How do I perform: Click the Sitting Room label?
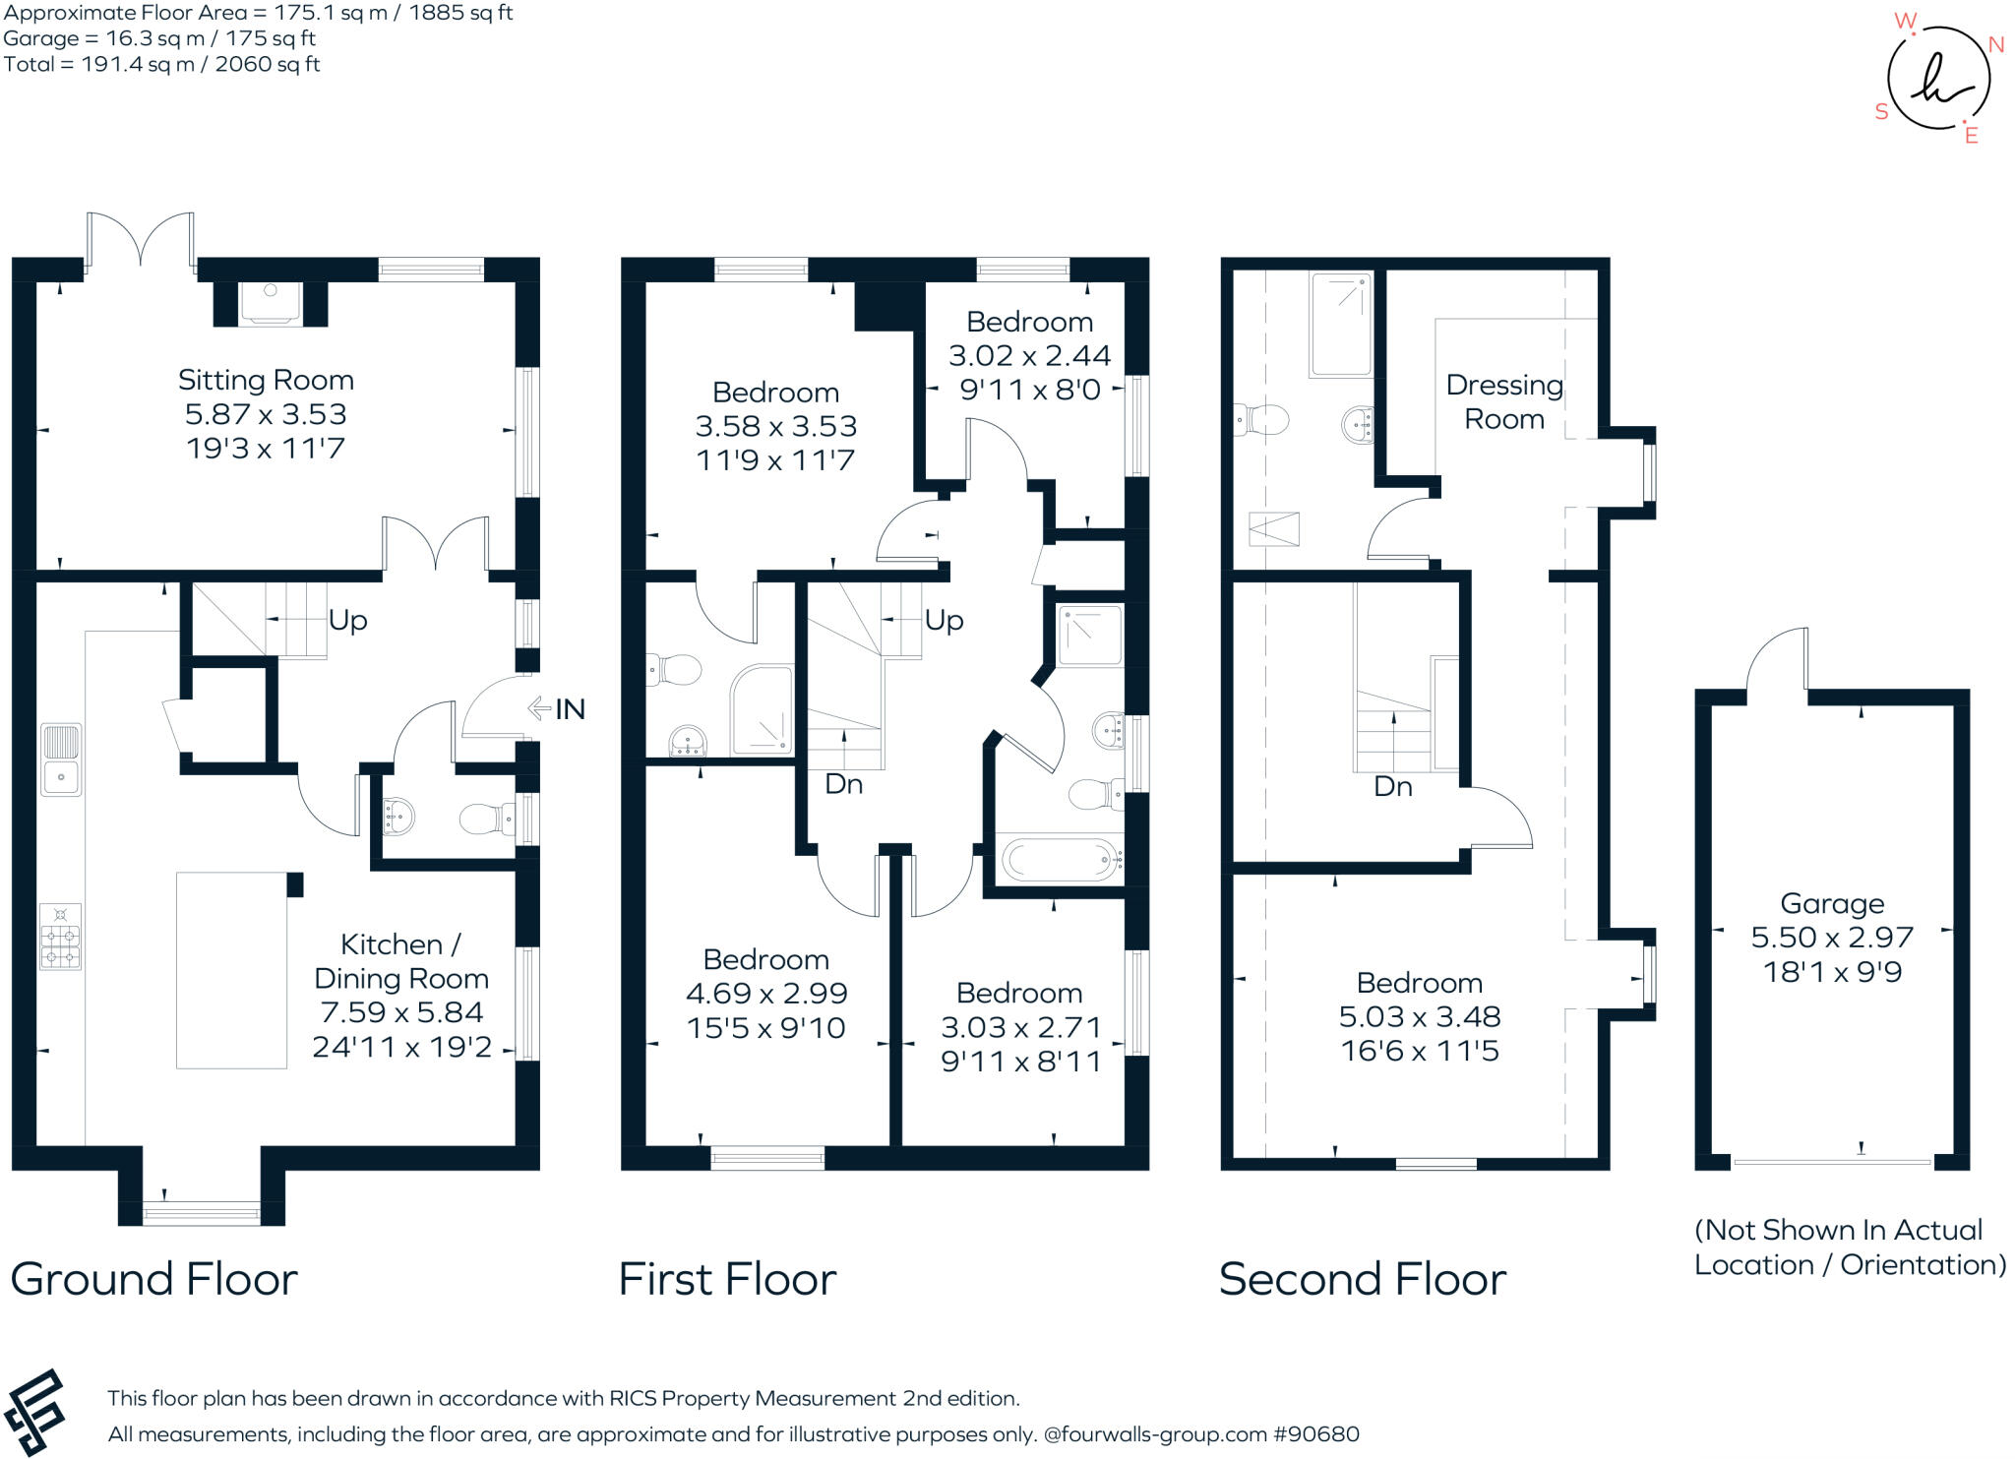point(266,380)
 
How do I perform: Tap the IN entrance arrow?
point(539,708)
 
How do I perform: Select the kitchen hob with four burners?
point(60,937)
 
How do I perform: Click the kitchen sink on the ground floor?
point(61,760)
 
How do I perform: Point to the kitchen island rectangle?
point(231,969)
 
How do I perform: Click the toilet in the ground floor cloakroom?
point(484,818)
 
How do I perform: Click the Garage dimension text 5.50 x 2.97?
point(1831,937)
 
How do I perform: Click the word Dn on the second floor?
point(1392,786)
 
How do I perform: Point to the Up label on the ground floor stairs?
point(347,620)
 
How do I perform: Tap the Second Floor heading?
point(1362,1279)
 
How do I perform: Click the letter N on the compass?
point(1996,44)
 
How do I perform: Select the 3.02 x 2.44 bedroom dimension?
point(1029,355)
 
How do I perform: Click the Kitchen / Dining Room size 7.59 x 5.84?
point(401,1012)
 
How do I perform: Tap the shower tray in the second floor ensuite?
point(1340,325)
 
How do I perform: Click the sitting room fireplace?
point(270,303)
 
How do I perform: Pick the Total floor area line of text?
point(161,65)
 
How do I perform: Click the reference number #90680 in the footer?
point(1316,1434)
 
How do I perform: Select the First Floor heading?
point(727,1279)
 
